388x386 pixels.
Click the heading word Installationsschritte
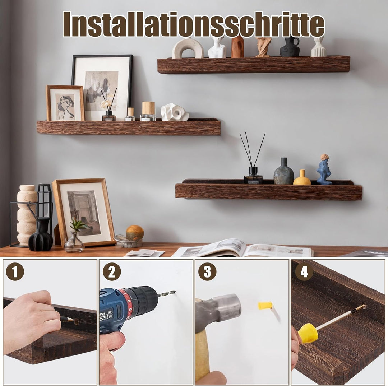pos(194,24)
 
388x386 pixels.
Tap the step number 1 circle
pos(15,271)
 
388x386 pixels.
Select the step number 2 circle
pos(112,271)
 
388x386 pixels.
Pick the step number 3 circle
pos(207,271)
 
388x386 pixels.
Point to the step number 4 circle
pos(304,271)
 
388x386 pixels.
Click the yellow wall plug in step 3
pos(265,305)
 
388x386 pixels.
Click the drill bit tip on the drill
pos(175,292)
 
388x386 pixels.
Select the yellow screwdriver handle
pos(308,333)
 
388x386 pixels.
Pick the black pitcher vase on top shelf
pos(289,47)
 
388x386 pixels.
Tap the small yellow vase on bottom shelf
pos(302,177)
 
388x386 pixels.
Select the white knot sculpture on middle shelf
pos(174,112)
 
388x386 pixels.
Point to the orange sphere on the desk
pos(135,232)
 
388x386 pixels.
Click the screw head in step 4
pos(363,307)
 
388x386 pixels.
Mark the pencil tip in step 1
pos(73,320)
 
